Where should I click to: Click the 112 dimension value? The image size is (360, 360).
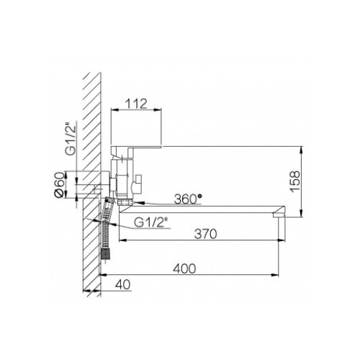136,104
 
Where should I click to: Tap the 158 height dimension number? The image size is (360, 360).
295,181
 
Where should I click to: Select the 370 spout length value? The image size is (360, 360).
205,234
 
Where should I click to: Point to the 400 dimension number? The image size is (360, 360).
184,269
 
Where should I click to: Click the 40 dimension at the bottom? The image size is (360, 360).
123,284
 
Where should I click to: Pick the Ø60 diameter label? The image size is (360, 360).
60,184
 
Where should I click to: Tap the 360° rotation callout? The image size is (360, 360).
188,199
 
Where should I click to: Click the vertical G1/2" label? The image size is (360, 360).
71,139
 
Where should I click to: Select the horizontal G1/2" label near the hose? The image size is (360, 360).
150,222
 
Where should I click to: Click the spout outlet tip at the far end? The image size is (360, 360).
279,215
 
